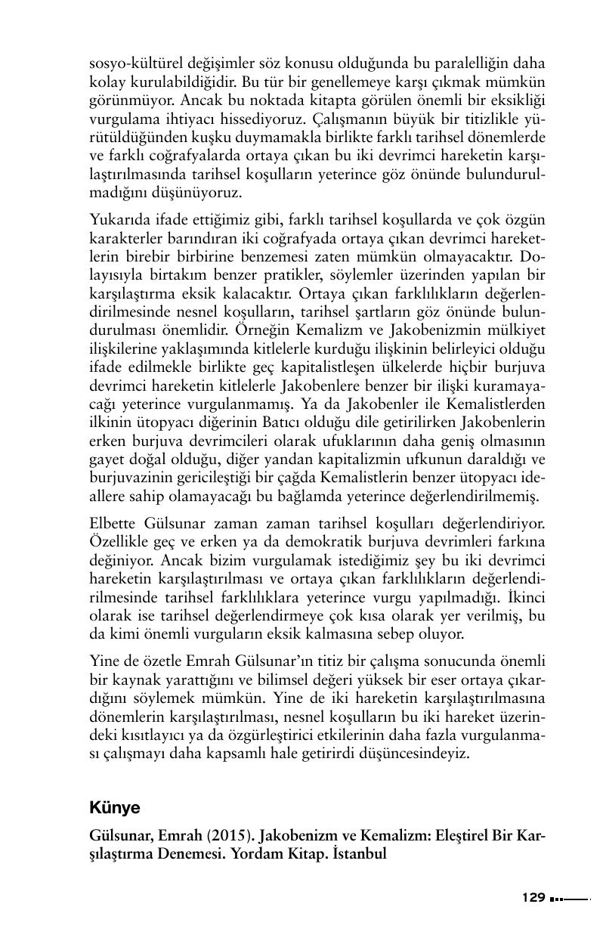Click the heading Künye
(x=115, y=807)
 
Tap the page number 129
(x=533, y=898)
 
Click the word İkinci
(x=527, y=596)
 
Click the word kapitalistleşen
(x=346, y=367)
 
